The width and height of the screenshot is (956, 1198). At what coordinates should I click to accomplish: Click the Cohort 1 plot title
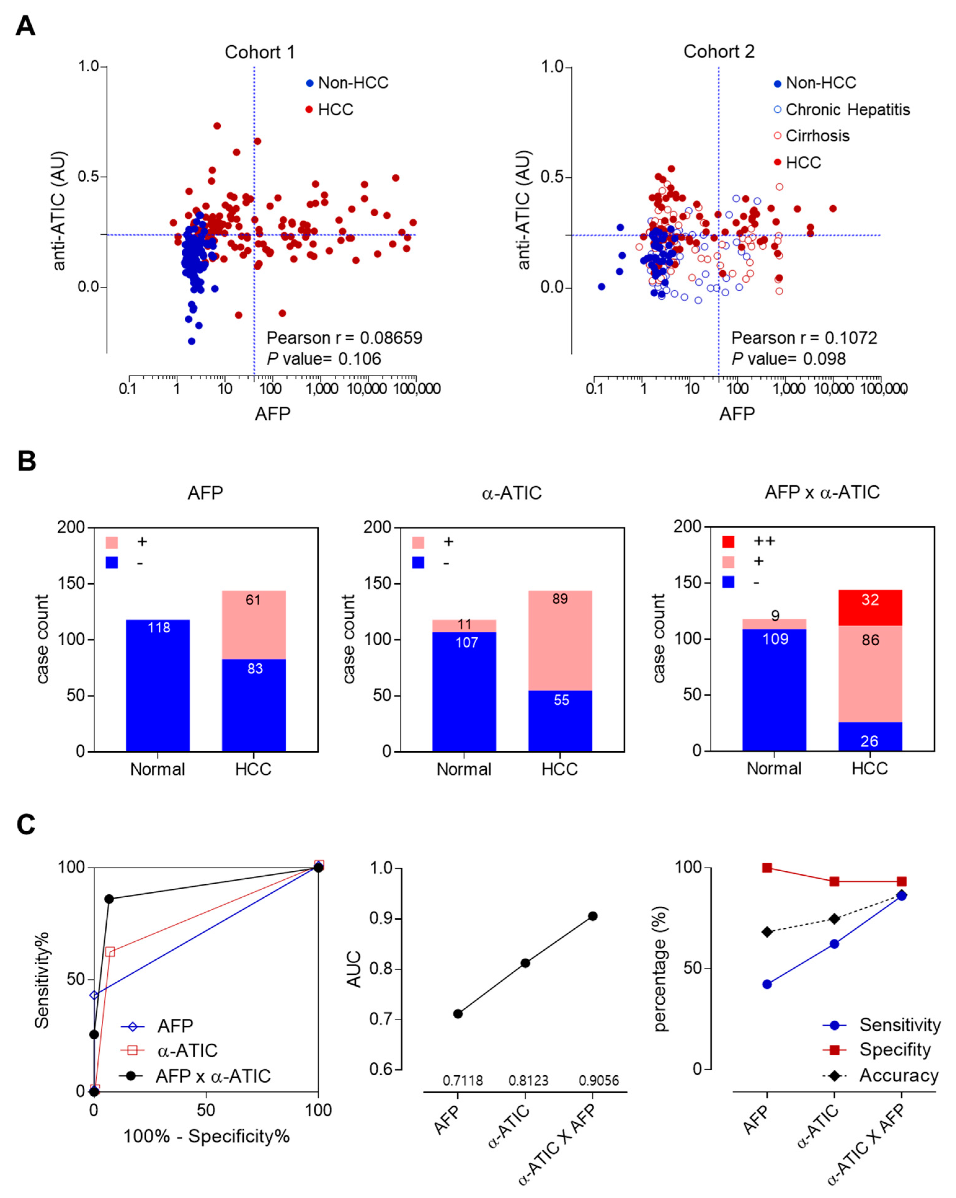[x=259, y=52]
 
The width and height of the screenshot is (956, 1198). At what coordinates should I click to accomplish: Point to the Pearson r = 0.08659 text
[x=344, y=338]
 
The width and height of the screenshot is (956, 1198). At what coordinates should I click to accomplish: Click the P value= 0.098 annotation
[x=788, y=359]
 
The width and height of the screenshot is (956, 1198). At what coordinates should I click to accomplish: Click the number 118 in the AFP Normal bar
[x=158, y=628]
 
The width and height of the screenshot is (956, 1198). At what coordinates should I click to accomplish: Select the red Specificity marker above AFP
[x=767, y=868]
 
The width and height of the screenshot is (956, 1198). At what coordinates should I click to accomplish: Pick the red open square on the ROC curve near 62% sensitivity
[x=110, y=952]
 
